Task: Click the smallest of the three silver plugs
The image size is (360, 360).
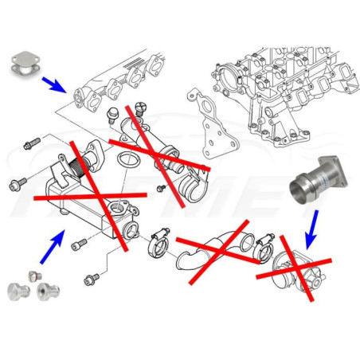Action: (33, 275)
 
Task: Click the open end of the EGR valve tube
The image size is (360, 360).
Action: (189, 190)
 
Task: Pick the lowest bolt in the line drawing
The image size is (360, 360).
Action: (92, 280)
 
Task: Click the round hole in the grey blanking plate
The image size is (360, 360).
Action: (29, 65)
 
